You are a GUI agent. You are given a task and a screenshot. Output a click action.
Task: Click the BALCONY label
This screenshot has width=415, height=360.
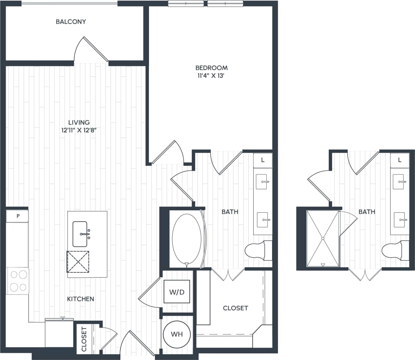(71, 22)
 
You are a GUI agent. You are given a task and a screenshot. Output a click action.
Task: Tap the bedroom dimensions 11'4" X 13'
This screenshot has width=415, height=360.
(211, 76)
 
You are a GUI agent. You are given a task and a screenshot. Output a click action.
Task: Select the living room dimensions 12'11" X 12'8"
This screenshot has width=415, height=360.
(79, 130)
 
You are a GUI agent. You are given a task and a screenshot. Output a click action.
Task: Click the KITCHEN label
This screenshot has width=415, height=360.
(81, 299)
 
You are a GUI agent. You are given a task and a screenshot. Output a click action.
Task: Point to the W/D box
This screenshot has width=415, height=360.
(177, 292)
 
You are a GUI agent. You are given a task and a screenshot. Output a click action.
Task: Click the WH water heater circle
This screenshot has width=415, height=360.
(177, 334)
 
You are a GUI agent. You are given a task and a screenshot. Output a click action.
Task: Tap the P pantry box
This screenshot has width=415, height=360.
(17, 216)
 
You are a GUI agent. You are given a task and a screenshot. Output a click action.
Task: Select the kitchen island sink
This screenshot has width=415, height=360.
(81, 234)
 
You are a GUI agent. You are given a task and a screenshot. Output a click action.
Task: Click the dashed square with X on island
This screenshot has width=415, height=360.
(78, 261)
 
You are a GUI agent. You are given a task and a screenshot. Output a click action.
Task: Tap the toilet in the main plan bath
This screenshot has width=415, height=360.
(258, 250)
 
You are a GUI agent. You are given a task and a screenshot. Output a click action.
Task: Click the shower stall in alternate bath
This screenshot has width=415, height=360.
(323, 238)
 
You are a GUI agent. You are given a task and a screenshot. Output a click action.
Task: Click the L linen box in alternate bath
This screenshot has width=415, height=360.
(400, 160)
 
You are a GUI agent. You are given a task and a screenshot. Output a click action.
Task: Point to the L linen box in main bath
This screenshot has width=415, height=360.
(263, 160)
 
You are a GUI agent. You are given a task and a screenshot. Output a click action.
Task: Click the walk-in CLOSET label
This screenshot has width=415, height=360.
(236, 308)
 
